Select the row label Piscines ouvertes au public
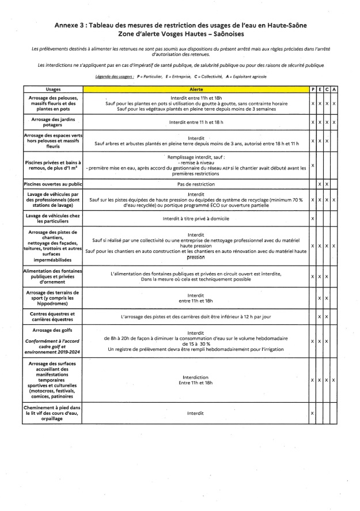pos(52,184)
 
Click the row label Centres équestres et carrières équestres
pos(52,317)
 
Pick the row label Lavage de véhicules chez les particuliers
pos(52,219)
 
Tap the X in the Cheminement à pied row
pos(312,413)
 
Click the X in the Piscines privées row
pos(312,165)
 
